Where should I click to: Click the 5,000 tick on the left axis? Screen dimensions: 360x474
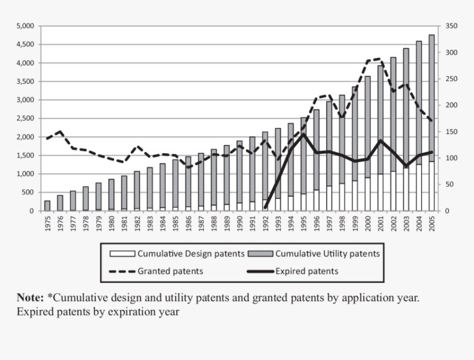click(26, 26)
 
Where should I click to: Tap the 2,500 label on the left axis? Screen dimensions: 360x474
click(26, 119)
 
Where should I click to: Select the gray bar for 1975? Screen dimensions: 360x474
click(47, 206)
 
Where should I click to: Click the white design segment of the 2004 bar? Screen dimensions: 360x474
click(418, 187)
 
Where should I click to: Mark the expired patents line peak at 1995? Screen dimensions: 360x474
click(303, 134)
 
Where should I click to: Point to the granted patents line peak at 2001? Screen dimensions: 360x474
click(380, 58)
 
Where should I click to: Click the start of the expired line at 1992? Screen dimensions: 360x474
click(265, 208)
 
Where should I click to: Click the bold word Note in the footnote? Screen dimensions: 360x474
click(30, 297)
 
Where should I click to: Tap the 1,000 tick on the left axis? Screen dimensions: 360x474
click(26, 174)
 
